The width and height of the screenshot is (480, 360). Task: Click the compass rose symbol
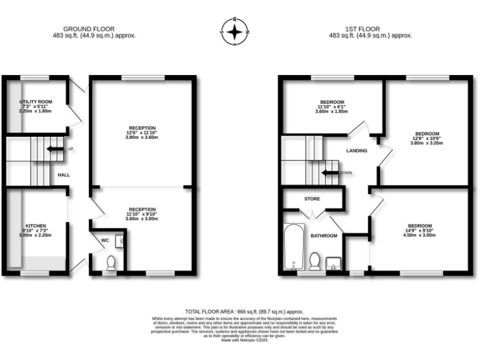tap(235, 31)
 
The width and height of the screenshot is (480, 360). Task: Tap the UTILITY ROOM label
tap(36, 102)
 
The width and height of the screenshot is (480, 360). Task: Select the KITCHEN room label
tap(36, 226)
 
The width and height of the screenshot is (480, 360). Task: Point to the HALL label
tap(64, 175)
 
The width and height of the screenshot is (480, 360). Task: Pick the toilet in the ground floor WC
tap(111, 263)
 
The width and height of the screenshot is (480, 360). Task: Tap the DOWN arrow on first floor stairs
tap(330, 172)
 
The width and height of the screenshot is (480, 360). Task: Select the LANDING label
tap(357, 151)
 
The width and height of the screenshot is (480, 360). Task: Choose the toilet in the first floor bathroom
tap(315, 259)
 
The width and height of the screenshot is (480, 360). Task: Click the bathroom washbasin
tap(335, 262)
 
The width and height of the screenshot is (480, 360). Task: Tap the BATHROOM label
tap(324, 236)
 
